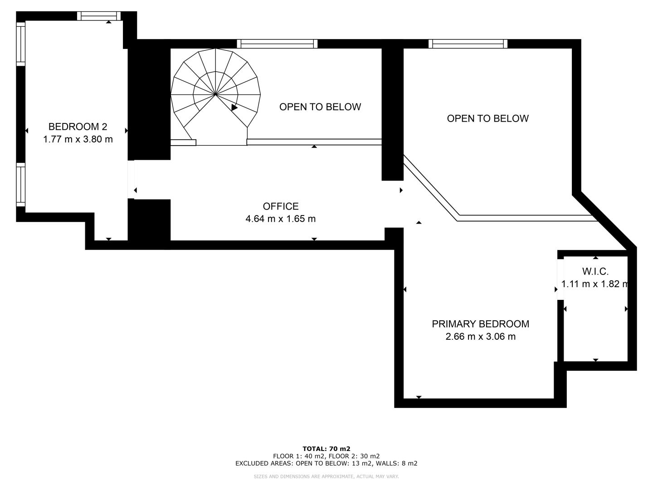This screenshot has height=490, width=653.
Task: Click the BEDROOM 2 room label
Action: coord(78,127)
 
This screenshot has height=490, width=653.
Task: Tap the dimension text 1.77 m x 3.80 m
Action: coord(78,139)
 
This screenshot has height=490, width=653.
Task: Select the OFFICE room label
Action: coord(281,206)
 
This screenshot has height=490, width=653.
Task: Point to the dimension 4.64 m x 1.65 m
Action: coord(281,219)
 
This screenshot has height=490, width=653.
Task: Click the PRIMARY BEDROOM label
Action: coord(480,324)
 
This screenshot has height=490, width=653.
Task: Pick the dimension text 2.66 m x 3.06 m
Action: coord(480,337)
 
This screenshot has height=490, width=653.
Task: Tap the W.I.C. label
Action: coord(595,271)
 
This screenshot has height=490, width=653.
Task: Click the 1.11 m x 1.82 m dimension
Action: coord(595,284)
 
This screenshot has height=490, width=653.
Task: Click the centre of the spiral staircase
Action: coord(215,95)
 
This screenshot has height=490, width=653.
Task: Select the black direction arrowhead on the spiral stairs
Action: coord(234,107)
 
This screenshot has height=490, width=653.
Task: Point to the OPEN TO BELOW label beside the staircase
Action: coord(320,107)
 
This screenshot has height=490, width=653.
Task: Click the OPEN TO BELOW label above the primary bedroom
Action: coord(488,118)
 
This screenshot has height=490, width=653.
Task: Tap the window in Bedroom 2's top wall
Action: coord(99,16)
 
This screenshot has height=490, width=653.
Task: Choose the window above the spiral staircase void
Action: coord(277,44)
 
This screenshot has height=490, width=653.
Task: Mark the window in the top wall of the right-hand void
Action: coord(468,44)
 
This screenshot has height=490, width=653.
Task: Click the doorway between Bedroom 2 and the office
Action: coord(131,179)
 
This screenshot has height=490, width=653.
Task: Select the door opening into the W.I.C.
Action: coord(560,279)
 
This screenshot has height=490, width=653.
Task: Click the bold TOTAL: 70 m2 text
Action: coord(326,449)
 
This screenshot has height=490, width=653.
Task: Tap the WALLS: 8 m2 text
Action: coord(396,463)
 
